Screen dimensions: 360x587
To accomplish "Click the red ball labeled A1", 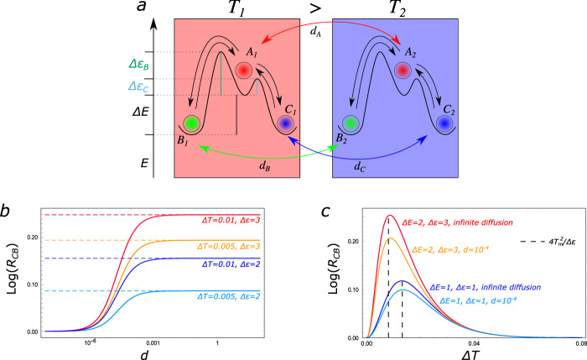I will (x=245, y=71).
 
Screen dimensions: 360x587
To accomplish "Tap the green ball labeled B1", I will (x=191, y=124).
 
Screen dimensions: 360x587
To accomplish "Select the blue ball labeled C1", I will (x=287, y=124).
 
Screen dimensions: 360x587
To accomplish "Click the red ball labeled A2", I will (x=404, y=71).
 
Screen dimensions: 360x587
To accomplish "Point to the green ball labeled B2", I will (x=351, y=124).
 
